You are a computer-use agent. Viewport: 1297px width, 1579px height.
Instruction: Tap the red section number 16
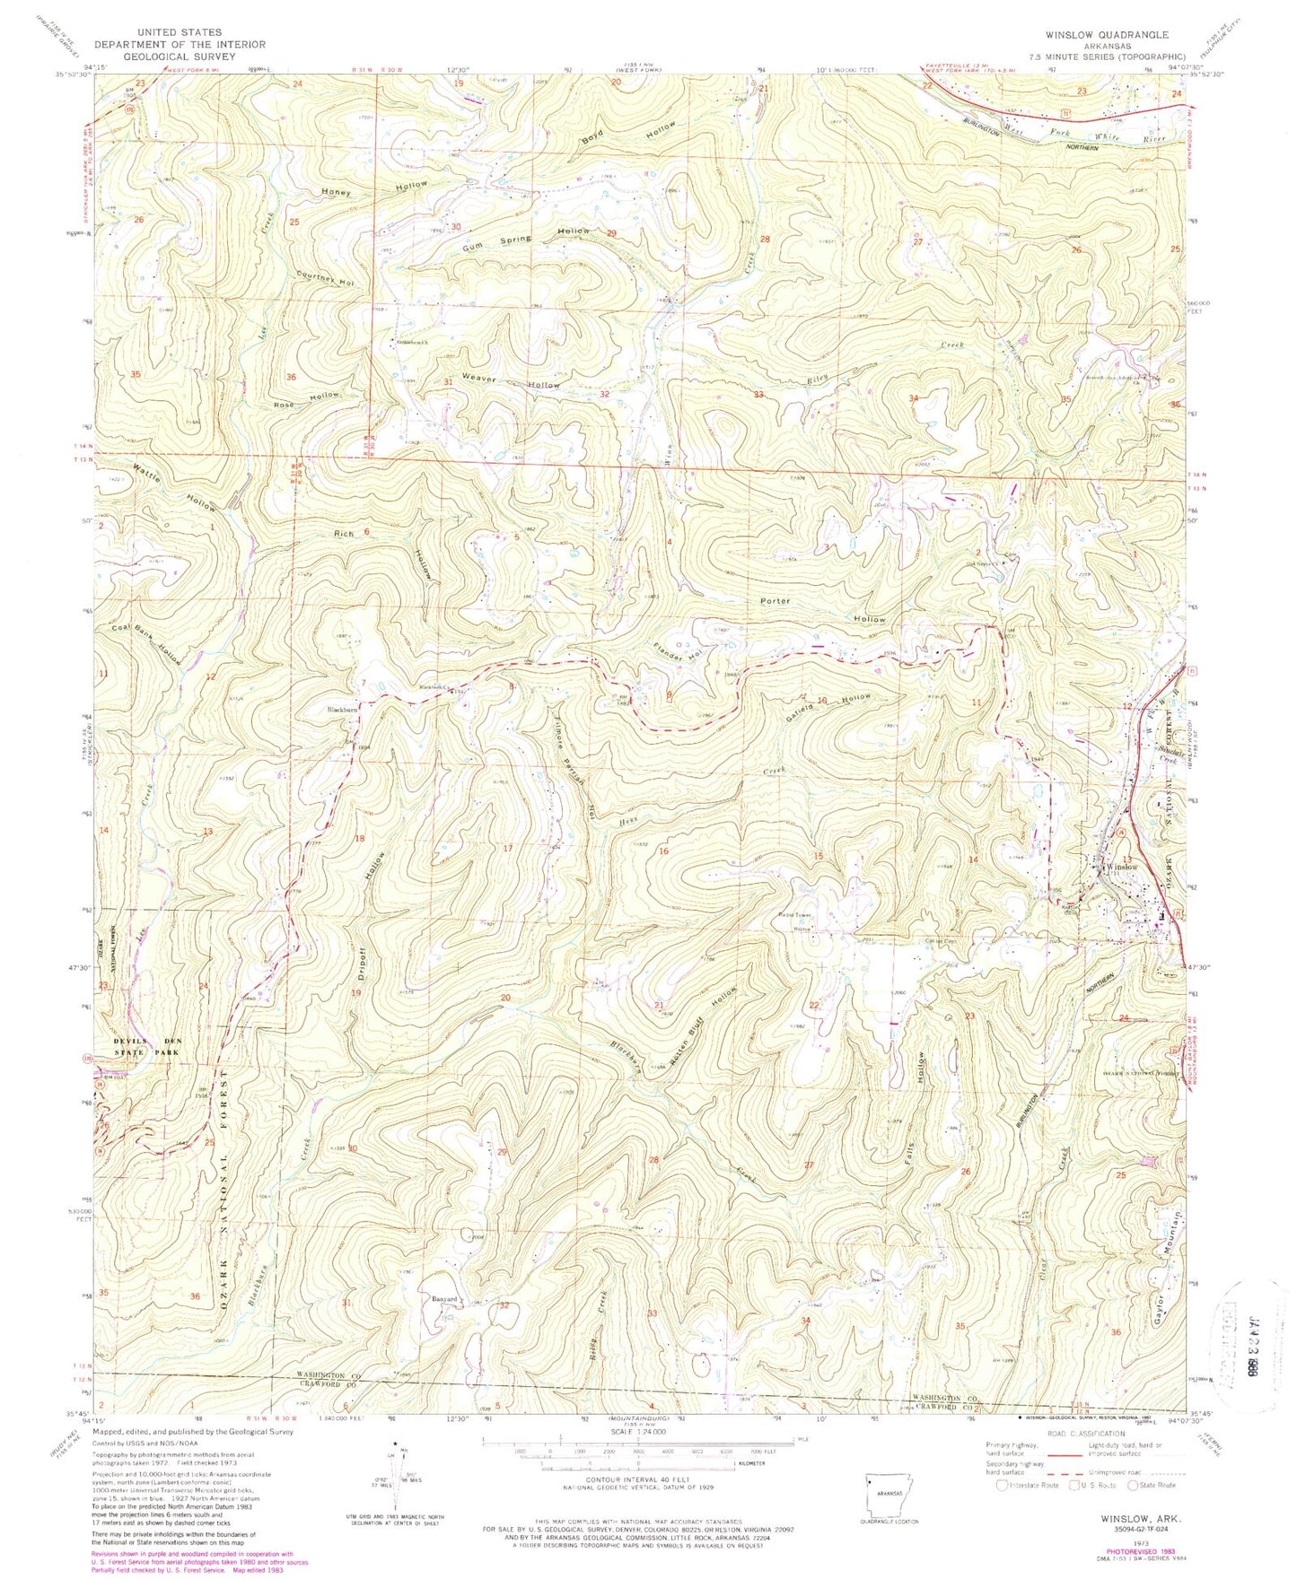[x=664, y=851]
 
